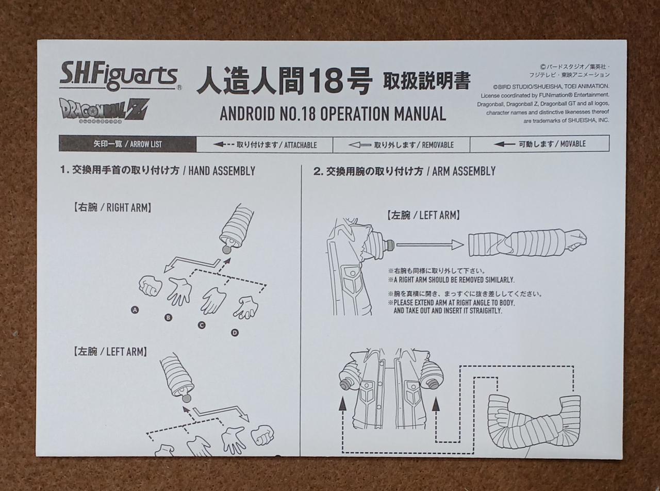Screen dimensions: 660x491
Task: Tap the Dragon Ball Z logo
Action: pyautogui.click(x=104, y=111)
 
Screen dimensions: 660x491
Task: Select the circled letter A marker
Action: pyautogui.click(x=135, y=310)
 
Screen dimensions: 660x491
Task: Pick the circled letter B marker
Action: pyautogui.click(x=168, y=318)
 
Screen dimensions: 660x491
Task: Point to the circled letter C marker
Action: pyautogui.click(x=202, y=325)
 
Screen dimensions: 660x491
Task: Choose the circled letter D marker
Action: pyautogui.click(x=235, y=333)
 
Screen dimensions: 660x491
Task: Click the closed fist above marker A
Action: pyautogui.click(x=151, y=286)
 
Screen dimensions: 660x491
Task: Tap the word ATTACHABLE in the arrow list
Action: pyautogui.click(x=300, y=145)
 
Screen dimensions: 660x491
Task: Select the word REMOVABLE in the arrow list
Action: pyautogui.click(x=437, y=145)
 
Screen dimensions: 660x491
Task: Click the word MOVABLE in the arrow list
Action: pyautogui.click(x=573, y=144)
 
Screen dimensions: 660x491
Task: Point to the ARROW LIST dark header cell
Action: pyautogui.click(x=128, y=144)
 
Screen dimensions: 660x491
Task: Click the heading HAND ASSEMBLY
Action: pyautogui.click(x=222, y=171)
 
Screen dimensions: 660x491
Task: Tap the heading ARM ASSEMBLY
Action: pyautogui.click(x=464, y=171)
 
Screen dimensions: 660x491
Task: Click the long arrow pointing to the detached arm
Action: pyautogui.click(x=430, y=245)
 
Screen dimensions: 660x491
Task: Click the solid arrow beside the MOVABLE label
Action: pyautogui.click(x=504, y=144)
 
